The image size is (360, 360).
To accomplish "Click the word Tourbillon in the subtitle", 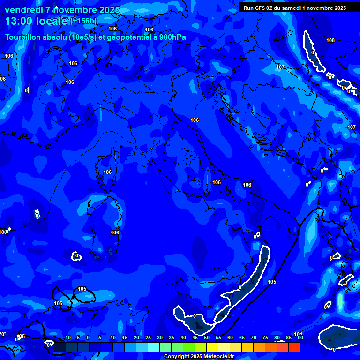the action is point(23,37).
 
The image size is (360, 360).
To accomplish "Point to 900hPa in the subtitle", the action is point(172,37).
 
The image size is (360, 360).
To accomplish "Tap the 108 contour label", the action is point(330,40).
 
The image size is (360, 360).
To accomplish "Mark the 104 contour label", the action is point(298,334).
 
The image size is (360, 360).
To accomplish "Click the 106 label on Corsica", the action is point(107,172).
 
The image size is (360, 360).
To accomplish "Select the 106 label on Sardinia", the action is point(115,232).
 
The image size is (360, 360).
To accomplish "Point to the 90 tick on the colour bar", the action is point(300,338).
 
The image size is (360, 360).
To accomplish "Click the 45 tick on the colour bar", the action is point(195,338).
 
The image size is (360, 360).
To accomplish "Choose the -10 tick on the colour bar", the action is point(67,338).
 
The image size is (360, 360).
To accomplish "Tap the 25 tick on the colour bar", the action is point(148,338).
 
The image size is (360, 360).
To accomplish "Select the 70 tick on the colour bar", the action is point(253,338).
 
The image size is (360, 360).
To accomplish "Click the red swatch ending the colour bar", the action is point(294,347).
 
